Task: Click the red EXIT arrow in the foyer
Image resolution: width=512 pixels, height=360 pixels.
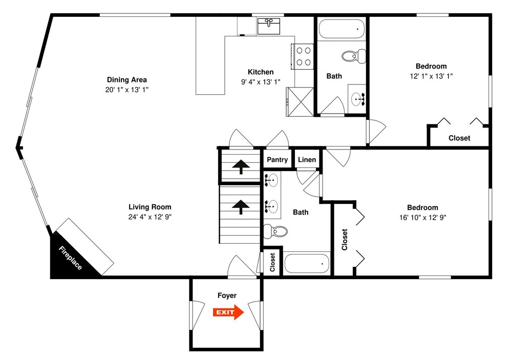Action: [x=228, y=312]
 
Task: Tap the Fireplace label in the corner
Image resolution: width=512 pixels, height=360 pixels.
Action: [x=70, y=258]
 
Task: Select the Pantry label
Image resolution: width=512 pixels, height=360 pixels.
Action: [x=277, y=160]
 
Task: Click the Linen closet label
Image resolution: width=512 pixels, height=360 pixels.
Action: [x=307, y=160]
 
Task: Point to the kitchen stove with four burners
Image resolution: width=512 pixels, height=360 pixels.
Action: [x=303, y=56]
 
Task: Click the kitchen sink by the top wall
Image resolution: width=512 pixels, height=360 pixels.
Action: [x=269, y=26]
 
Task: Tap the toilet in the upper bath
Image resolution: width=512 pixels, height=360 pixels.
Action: [x=354, y=56]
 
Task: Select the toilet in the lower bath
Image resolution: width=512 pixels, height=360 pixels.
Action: [x=275, y=231]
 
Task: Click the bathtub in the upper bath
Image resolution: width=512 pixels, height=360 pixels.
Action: [x=342, y=29]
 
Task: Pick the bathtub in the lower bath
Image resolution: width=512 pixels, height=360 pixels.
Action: [x=307, y=263]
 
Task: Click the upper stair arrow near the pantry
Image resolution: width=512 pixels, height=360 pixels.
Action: [x=241, y=166]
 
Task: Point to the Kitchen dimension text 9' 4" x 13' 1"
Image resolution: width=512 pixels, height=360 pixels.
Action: [x=261, y=82]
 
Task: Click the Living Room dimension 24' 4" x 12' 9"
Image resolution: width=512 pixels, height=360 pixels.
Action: [x=150, y=217]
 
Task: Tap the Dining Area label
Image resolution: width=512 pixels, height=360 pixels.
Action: [x=126, y=80]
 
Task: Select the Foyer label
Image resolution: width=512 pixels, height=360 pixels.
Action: [x=227, y=295]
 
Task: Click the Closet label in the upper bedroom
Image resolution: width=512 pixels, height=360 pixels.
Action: [x=459, y=138]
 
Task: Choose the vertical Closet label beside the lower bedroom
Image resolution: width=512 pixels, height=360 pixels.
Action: [x=345, y=240]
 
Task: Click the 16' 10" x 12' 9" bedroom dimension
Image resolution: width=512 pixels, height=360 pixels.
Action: [x=422, y=218]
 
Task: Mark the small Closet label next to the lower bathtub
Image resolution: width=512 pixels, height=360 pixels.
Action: [x=272, y=262]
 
